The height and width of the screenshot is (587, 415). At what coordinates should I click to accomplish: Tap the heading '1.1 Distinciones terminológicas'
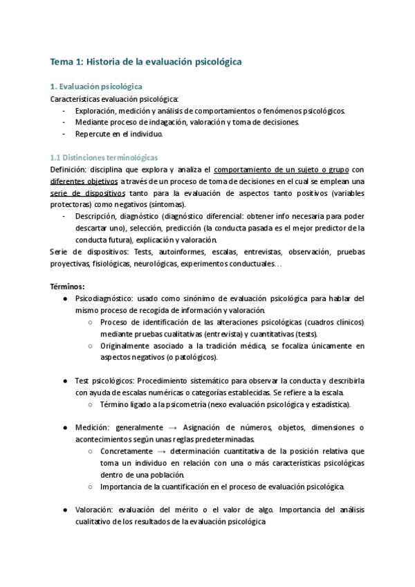click(x=104, y=157)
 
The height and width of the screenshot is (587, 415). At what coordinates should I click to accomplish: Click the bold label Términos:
click(x=68, y=287)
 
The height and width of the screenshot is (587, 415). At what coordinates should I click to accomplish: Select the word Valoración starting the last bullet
click(x=97, y=510)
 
